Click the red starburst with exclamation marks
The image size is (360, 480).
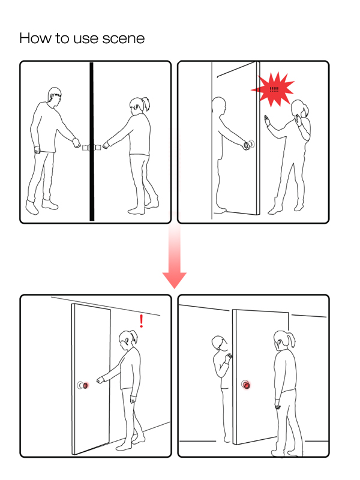273,89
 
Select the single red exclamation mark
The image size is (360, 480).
141,321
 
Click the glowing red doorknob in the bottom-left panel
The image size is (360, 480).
85,385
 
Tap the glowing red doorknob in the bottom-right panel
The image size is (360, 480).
247,385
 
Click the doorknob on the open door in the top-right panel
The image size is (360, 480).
248,145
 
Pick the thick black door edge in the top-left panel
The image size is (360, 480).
92,142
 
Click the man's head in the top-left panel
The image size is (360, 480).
55,97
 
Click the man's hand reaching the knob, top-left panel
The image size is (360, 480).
76,143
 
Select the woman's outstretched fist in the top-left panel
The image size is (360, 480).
106,145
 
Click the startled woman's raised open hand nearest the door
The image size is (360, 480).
268,120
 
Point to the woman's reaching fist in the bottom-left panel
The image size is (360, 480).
100,380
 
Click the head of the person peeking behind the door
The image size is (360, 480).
218,344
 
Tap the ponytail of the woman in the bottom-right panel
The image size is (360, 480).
291,340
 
